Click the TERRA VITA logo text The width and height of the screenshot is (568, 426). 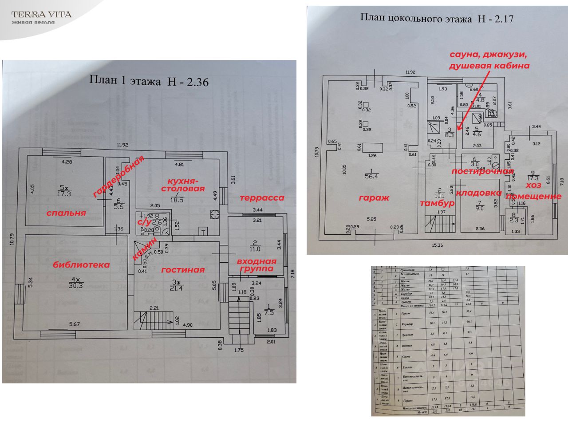41,14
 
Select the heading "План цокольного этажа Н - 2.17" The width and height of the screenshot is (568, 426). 437,18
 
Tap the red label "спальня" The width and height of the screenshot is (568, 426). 66,213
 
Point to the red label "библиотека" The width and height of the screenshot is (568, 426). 81,265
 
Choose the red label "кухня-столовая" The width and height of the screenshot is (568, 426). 185,185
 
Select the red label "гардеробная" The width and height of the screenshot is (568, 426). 118,176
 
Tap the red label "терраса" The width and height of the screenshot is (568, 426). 261,198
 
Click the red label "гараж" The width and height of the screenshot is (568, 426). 374,198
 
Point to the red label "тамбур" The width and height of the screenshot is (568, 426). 438,203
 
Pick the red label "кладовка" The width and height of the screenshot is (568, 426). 479,193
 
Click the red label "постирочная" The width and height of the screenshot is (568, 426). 482,171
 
